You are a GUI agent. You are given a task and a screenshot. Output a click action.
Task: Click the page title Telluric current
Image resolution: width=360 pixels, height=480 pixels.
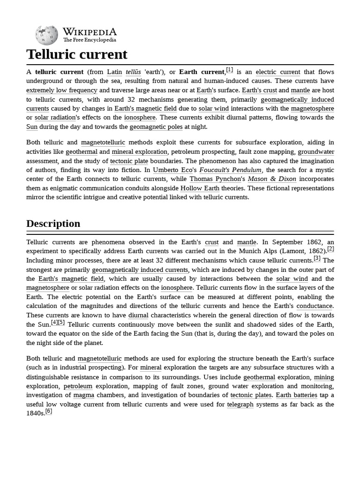tap(77, 54)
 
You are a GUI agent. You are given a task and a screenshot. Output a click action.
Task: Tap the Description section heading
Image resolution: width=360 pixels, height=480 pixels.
tap(53, 224)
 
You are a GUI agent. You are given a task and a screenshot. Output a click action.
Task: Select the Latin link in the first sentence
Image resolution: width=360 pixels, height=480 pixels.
tap(114, 72)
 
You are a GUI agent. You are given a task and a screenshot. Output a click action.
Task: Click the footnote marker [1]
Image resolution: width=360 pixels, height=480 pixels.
tap(229, 70)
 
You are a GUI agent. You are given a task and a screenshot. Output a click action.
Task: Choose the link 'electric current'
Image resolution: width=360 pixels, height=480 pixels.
tap(277, 72)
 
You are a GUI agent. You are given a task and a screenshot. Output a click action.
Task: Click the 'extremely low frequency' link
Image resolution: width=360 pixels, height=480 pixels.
tap(62, 90)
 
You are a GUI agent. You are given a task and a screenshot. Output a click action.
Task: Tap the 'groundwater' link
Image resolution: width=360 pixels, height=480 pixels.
tap(316, 152)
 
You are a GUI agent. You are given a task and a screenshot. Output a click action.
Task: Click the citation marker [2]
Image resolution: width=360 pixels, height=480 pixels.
tap(330, 249)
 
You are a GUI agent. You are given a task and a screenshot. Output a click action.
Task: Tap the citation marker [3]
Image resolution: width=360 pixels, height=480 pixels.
tap(317, 258)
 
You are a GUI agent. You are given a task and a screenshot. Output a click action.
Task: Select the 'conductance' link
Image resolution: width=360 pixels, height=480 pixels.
tap(315, 306)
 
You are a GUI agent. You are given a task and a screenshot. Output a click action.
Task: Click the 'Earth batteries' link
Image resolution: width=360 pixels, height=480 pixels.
tap(296, 395)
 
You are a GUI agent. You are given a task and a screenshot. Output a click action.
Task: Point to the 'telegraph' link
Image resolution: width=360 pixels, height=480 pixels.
tap(240, 405)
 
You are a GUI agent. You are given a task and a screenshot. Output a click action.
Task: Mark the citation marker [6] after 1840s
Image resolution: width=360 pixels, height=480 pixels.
tap(49, 411)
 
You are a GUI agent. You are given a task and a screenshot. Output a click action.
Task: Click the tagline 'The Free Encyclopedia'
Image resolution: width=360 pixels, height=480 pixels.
tap(90, 40)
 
